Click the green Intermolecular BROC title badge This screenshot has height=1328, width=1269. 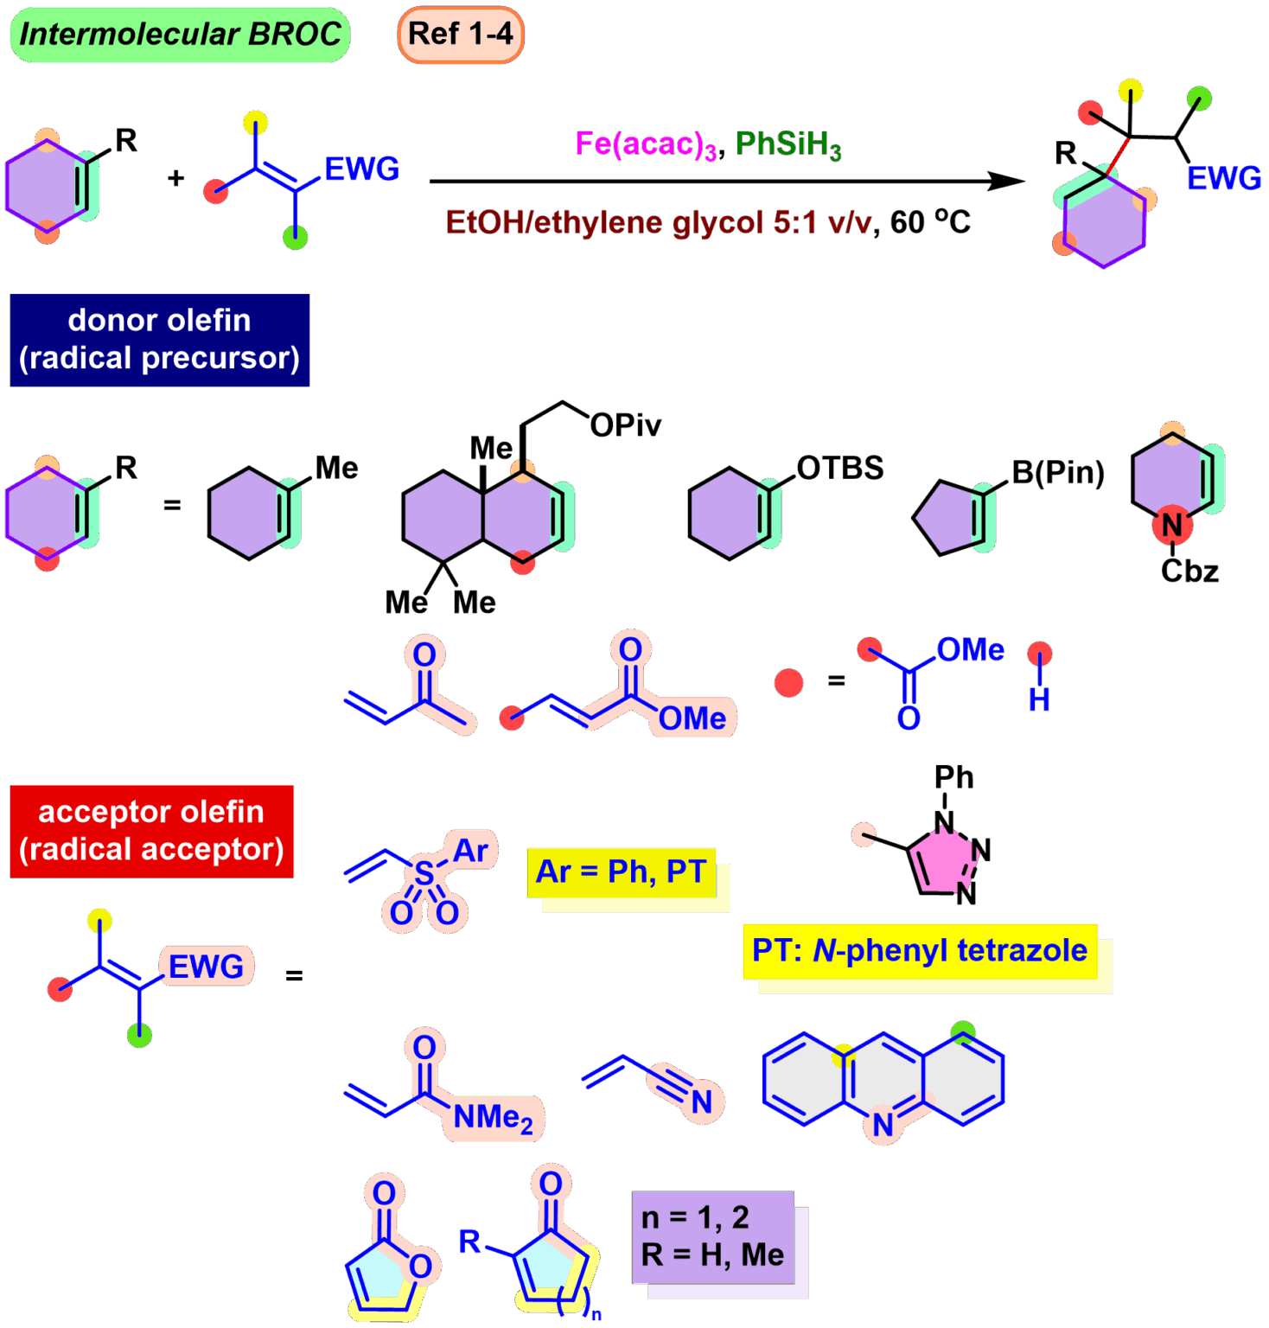(x=180, y=35)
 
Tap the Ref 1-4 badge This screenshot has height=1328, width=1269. (x=461, y=35)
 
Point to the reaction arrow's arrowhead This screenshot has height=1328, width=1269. (x=1008, y=181)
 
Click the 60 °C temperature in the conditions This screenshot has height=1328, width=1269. (x=930, y=222)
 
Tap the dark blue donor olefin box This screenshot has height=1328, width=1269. (x=159, y=340)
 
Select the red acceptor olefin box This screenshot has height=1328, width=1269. (x=151, y=831)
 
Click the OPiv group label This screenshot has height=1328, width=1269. (x=626, y=425)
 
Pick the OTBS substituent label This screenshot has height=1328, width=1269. (x=839, y=468)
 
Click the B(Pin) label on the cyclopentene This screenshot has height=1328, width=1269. (x=1058, y=472)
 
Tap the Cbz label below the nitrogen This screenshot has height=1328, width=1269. (x=1189, y=571)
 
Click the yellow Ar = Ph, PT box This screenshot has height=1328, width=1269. (x=622, y=873)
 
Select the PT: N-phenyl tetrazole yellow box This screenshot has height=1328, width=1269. (x=920, y=951)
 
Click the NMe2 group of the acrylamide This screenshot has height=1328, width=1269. (x=493, y=1117)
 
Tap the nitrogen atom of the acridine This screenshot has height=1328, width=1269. (x=883, y=1125)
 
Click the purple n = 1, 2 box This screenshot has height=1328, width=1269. (x=713, y=1236)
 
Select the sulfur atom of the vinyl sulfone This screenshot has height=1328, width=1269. (x=424, y=873)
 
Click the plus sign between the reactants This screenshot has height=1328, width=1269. (x=176, y=178)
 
